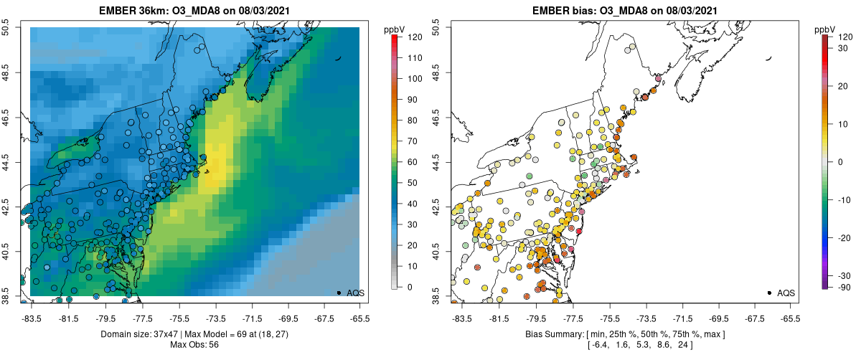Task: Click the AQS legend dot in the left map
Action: pos(339,293)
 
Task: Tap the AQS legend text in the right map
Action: pos(786,293)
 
